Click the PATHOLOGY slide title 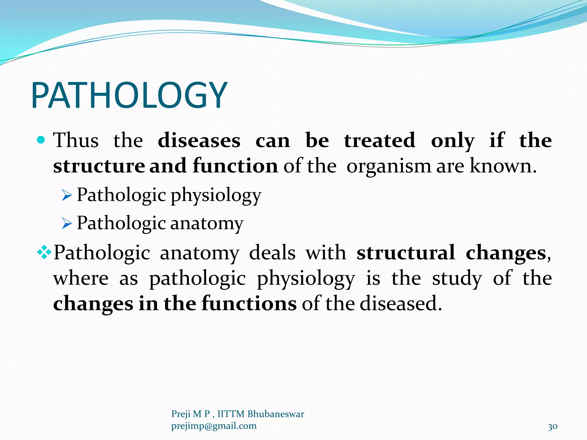(x=129, y=95)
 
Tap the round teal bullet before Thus (x=41, y=140)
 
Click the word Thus (x=76, y=140)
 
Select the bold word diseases (x=199, y=140)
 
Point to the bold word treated (x=379, y=140)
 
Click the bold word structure (x=99, y=166)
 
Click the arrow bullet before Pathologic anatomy (x=67, y=223)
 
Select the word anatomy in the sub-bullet (x=207, y=223)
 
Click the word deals (x=272, y=253)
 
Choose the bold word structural (x=406, y=253)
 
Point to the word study (x=457, y=278)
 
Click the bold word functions (x=249, y=304)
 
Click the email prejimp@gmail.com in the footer (x=214, y=426)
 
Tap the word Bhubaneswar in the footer (x=275, y=414)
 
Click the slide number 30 (x=552, y=427)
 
